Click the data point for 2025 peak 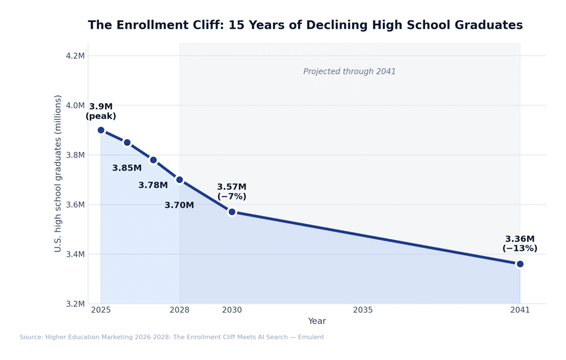(101, 130)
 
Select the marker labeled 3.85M (127, 143)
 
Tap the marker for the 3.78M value (153, 160)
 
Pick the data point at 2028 (180, 180)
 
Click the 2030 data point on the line (232, 212)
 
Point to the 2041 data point (520, 264)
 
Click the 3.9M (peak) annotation (101, 111)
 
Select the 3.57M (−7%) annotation (232, 191)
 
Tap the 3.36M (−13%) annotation (520, 244)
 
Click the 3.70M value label (179, 205)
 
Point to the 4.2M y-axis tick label (75, 56)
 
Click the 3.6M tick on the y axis (75, 205)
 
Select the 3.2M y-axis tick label (75, 304)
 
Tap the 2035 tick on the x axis (363, 310)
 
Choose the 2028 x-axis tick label (180, 310)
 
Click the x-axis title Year (317, 321)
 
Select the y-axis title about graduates (58, 173)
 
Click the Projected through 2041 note (349, 71)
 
